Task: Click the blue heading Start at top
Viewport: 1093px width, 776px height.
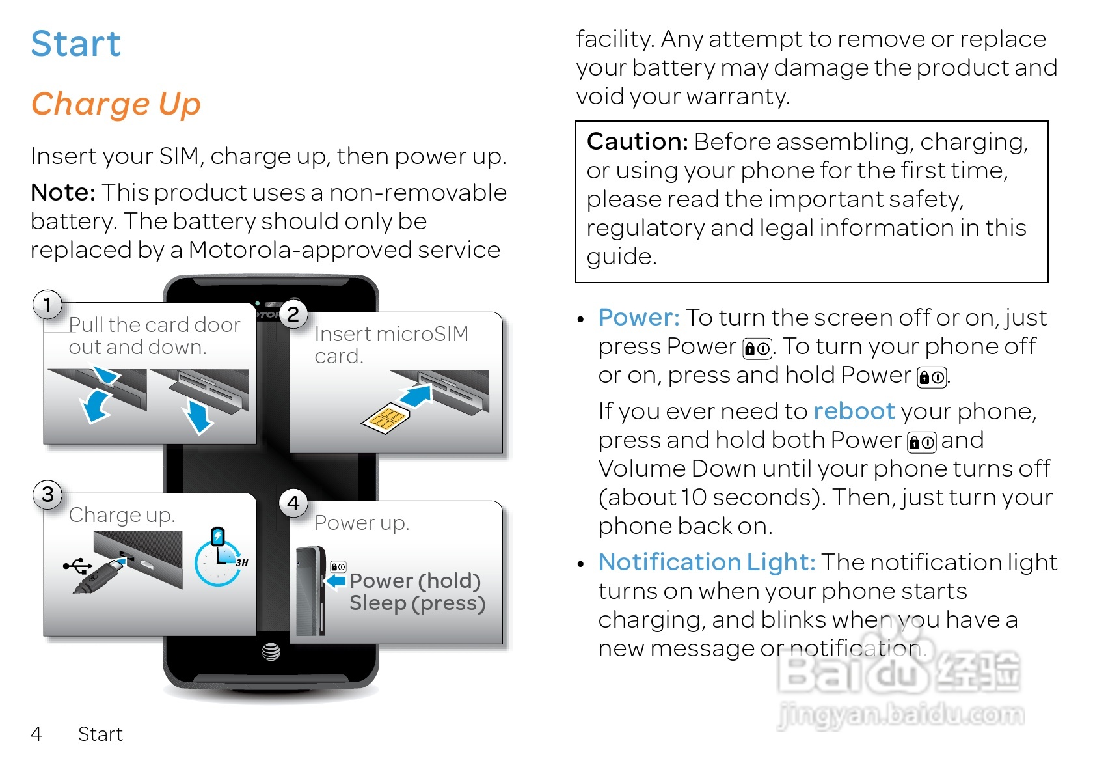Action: pos(75,44)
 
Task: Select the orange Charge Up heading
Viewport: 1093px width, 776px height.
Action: pos(116,104)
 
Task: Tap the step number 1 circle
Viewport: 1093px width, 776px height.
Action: pos(47,304)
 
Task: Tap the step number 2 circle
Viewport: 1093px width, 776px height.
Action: pos(293,314)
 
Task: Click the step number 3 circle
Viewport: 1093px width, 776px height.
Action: pos(47,494)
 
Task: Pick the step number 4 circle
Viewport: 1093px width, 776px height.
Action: pos(293,503)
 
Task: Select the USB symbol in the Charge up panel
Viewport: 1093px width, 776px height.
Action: pos(77,566)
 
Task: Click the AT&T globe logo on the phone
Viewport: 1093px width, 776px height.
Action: pos(271,651)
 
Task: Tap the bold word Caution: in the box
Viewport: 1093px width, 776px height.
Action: pos(637,141)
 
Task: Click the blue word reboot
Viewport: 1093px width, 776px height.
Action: pos(854,411)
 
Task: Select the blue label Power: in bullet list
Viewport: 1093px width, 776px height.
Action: pos(638,318)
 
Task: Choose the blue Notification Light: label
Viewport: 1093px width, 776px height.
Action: pos(707,562)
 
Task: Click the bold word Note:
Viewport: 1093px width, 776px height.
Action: pos(63,193)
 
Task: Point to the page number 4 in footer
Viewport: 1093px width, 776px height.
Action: pos(36,734)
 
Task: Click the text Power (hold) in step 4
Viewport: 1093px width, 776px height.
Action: pos(415,580)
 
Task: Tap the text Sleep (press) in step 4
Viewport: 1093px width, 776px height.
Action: pos(417,603)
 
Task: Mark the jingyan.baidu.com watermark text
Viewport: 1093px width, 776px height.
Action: pos(901,715)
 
